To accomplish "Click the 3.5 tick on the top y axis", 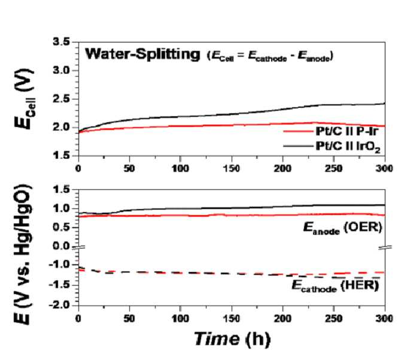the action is coord(61,41).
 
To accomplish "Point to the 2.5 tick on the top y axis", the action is coord(61,99).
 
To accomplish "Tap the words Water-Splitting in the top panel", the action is coord(142,55).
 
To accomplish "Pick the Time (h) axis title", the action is coord(232,339).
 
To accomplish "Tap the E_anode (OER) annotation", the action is coord(342,228).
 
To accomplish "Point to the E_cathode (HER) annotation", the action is coord(335,286).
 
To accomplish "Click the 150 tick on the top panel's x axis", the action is coord(232,169).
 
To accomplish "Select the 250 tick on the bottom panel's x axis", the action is coord(333,319).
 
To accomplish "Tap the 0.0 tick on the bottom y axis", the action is coord(61,246).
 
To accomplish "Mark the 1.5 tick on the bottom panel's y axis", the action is coord(61,189).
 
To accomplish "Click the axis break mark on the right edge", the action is coord(385,247).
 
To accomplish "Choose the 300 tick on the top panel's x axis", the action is coord(384,169).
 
